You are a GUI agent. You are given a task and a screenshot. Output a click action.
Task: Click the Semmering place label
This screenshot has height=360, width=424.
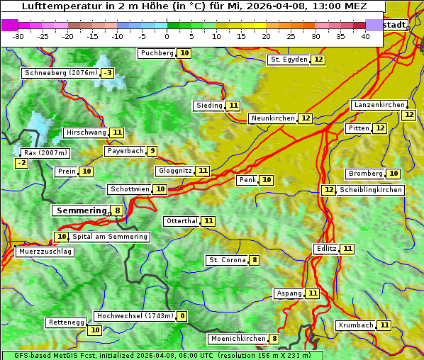click(x=80, y=210)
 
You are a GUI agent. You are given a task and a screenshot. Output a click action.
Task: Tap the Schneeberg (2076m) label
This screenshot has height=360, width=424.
click(x=60, y=73)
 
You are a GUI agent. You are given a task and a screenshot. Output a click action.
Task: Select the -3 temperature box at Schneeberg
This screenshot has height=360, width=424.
click(x=107, y=73)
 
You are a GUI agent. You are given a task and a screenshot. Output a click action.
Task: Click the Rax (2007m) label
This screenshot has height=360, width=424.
click(x=45, y=152)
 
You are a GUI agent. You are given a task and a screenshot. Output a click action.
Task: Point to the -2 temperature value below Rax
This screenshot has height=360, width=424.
click(x=22, y=163)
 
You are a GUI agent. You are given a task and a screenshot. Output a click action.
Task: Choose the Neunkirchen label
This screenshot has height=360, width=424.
click(x=272, y=118)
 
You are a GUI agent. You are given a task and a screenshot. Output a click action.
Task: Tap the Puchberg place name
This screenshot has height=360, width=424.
click(x=157, y=53)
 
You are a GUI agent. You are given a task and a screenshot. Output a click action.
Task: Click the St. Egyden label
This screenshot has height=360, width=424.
click(x=289, y=60)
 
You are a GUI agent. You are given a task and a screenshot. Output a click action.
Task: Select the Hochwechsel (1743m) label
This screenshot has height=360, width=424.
click(x=135, y=316)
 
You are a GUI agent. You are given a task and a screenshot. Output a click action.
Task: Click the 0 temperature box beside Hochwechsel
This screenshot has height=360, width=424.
click(x=182, y=316)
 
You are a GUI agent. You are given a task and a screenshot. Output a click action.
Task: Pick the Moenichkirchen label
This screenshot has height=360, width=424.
click(x=238, y=339)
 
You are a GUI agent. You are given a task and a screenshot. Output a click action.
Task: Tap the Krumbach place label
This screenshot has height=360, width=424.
click(x=355, y=325)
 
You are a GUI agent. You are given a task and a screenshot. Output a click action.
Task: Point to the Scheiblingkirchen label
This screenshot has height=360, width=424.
click(x=370, y=190)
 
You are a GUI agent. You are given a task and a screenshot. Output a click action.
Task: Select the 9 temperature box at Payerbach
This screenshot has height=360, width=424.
click(x=152, y=151)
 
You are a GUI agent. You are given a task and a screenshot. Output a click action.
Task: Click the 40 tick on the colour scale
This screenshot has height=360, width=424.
click(x=365, y=36)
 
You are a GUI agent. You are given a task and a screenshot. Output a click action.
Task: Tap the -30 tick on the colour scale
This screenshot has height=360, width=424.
click(x=18, y=36)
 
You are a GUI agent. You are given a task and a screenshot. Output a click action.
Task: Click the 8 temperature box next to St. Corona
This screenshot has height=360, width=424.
click(x=254, y=260)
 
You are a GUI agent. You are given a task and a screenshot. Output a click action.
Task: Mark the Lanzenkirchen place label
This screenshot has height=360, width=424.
click(x=379, y=105)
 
